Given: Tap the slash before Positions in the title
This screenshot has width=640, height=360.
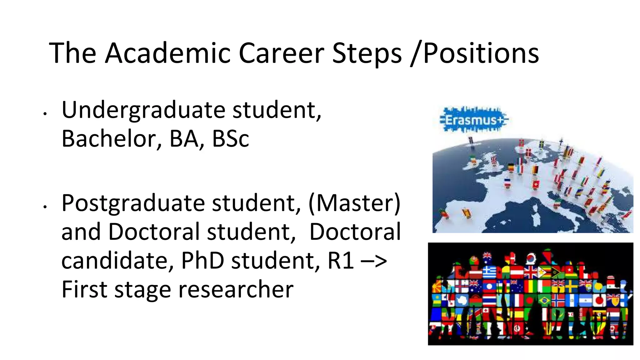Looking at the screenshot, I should pos(416,54).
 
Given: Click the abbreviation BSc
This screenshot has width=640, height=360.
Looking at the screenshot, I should pos(230,139).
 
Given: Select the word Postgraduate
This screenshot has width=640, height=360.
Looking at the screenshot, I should pos(133,204).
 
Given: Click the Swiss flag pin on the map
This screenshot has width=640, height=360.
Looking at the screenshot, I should pos(536,184).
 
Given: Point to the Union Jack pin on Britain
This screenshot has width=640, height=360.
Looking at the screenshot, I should pos(494,160).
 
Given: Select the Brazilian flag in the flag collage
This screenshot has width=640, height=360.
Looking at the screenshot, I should pos(544,300).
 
